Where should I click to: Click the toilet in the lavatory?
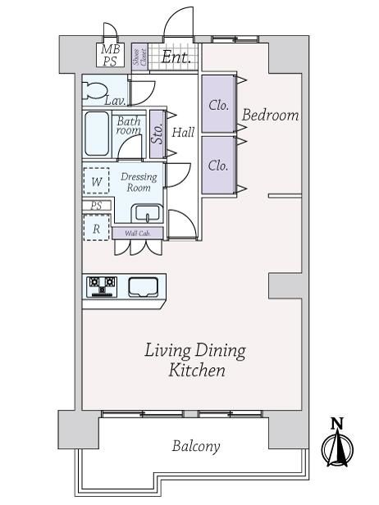pyautogui.click(x=94, y=90)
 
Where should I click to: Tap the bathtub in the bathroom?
pyautogui.click(x=97, y=134)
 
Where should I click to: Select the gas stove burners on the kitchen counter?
pyautogui.click(x=102, y=286)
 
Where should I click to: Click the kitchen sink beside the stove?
pyautogui.click(x=143, y=287)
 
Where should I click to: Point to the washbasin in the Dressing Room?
pyautogui.click(x=148, y=213)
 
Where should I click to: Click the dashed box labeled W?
pyautogui.click(x=96, y=180)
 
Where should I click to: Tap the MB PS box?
pyautogui.click(x=110, y=55)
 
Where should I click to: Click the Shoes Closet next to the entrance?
pyautogui.click(x=139, y=57)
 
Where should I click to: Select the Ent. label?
pyautogui.click(x=176, y=57)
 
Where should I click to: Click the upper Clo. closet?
pyautogui.click(x=218, y=103)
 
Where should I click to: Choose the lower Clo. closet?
pyautogui.click(x=218, y=166)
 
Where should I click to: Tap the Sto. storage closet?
pyautogui.click(x=158, y=134)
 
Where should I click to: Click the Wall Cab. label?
pyautogui.click(x=138, y=233)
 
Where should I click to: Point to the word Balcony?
pyautogui.click(x=196, y=446)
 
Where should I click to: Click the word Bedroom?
pyautogui.click(x=271, y=115)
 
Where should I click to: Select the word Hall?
pyautogui.click(x=183, y=132)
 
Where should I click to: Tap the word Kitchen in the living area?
pyautogui.click(x=197, y=371)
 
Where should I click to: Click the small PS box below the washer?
pyautogui.click(x=96, y=206)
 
